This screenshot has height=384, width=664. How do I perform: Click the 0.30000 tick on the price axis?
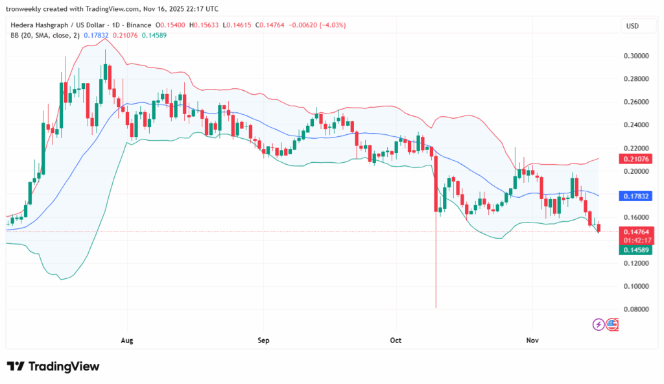point(636,56)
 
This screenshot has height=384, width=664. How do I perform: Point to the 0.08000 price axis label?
point(636,309)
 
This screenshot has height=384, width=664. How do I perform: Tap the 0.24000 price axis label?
point(636,125)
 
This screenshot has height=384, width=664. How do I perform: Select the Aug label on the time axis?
point(127,340)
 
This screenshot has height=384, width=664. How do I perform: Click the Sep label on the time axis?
point(263,340)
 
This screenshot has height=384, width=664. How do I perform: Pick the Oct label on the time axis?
point(396,340)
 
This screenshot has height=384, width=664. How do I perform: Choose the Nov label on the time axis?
point(532,340)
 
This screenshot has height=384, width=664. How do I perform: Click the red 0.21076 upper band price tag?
point(636,159)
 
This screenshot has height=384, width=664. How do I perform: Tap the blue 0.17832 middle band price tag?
point(636,195)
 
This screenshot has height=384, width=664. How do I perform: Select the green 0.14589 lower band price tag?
point(636,250)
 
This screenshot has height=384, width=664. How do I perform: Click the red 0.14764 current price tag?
point(636,232)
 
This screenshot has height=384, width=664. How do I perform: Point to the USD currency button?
point(632,26)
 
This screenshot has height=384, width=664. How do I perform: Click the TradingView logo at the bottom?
point(53,366)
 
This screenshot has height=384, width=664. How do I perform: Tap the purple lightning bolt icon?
point(599,324)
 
